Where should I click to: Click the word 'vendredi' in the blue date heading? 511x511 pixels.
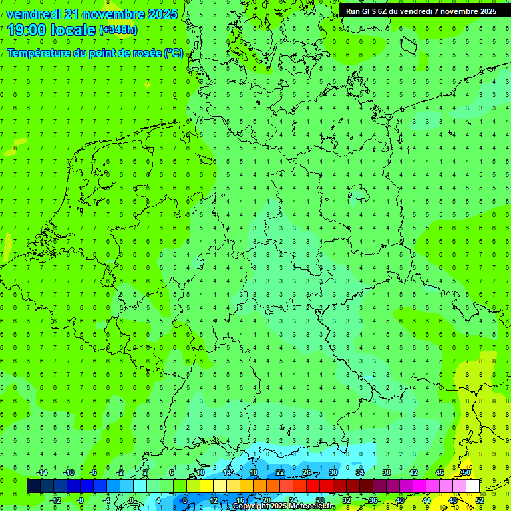33,14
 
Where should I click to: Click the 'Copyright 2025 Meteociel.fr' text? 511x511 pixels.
283,506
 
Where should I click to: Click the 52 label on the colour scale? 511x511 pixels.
480,500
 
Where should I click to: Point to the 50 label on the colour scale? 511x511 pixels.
466,472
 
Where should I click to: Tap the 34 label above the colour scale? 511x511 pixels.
360,472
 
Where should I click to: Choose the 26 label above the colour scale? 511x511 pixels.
307,472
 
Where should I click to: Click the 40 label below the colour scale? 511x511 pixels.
400,500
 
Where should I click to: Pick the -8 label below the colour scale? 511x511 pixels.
81,500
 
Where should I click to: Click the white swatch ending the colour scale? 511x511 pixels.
472,486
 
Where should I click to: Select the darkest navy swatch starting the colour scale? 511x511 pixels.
33,486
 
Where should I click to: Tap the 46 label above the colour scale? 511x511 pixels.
440,472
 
